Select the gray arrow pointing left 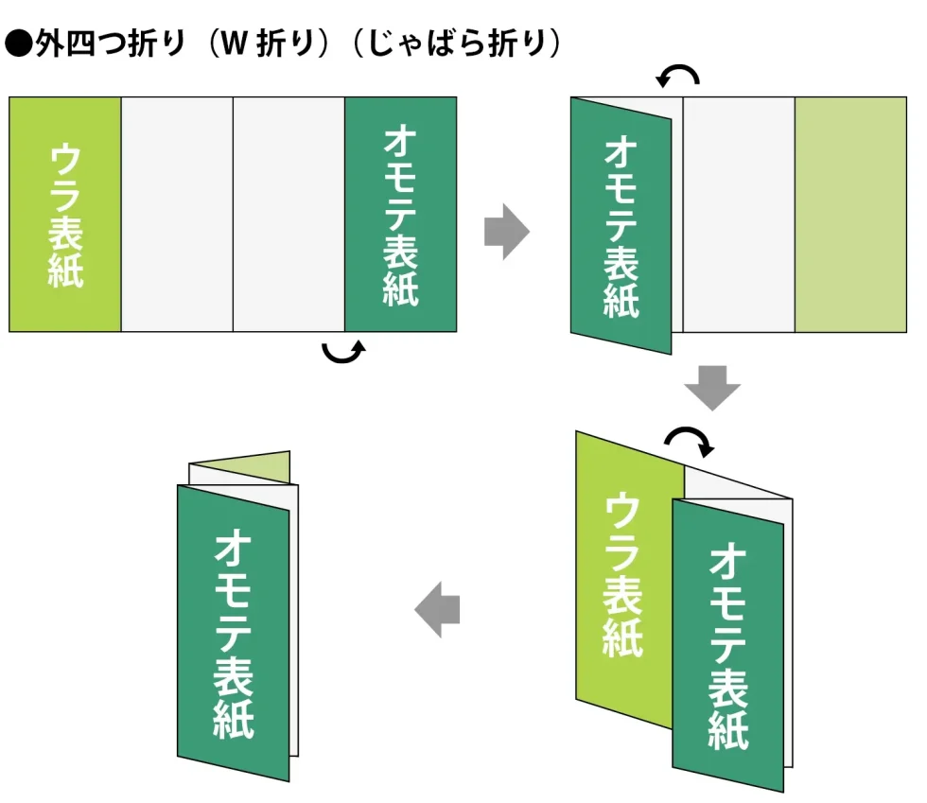click(438, 611)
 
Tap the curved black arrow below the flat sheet click(343, 352)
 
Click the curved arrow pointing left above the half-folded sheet click(679, 76)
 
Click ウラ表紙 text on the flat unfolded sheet click(65, 214)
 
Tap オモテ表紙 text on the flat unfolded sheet click(400, 214)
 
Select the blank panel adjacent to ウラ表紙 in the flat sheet click(177, 214)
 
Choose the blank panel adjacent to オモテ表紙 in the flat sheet click(289, 214)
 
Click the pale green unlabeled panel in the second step click(850, 214)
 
